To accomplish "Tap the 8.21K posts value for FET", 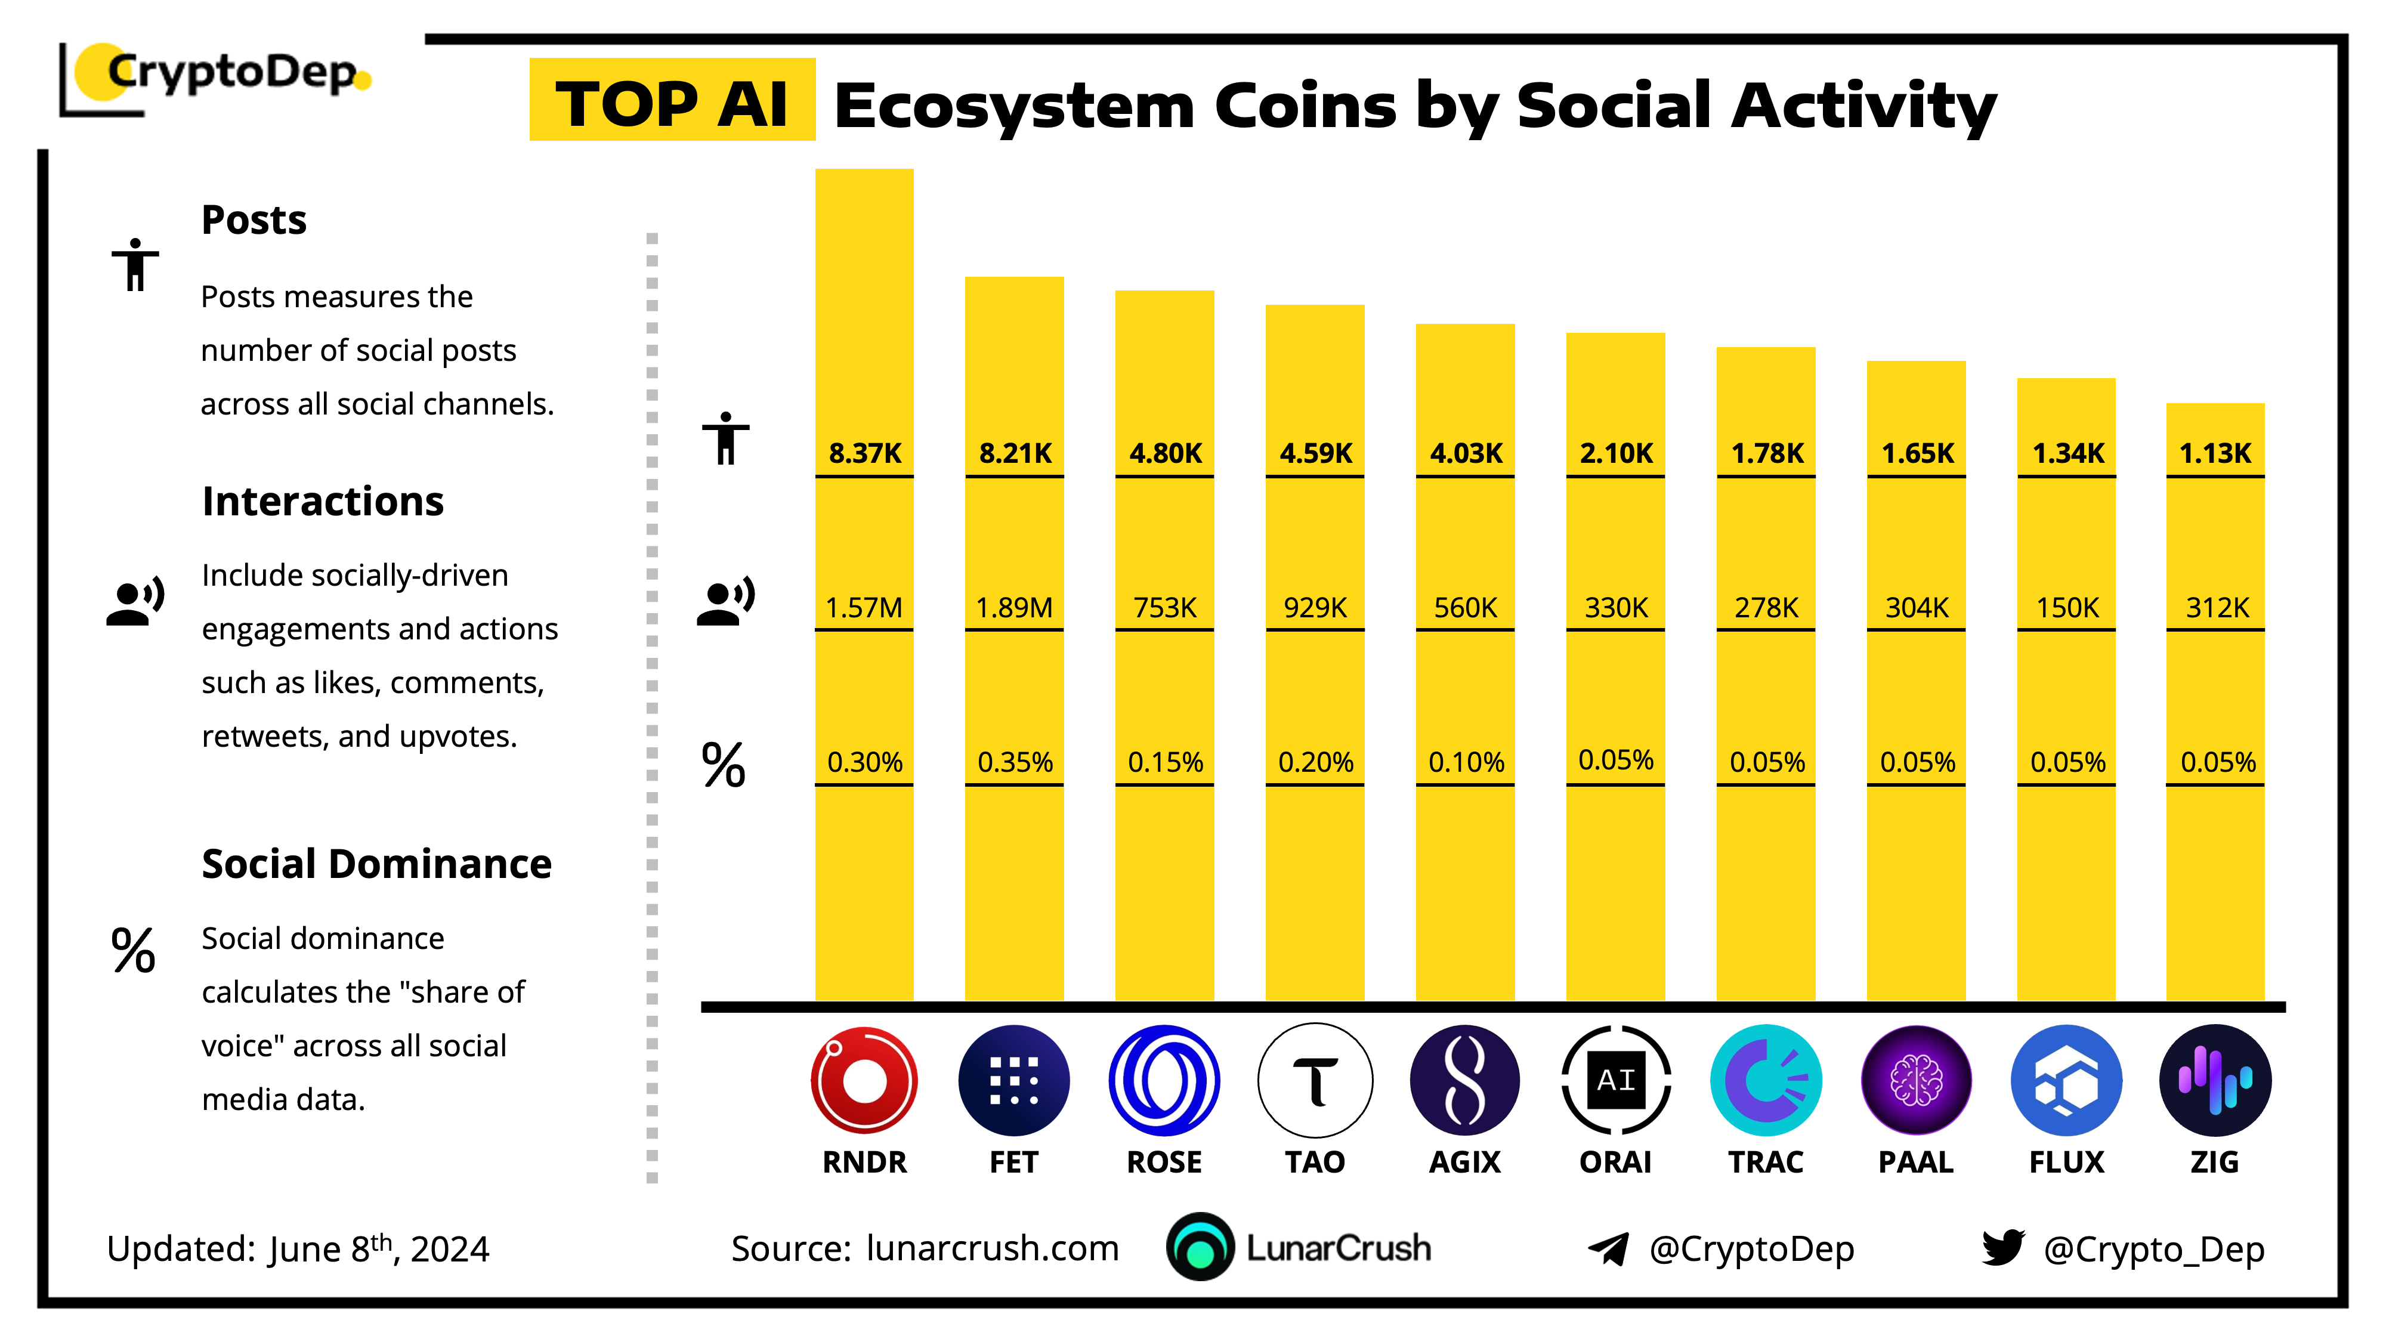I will pos(1015,453).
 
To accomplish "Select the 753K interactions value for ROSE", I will pos(1165,608).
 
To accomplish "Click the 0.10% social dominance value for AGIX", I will pos(1466,762).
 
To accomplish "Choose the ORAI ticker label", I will pos(1615,1161).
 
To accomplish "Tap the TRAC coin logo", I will pos(1766,1080).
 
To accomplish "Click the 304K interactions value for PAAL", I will pos(1917,608).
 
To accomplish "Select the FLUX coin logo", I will pos(2066,1080).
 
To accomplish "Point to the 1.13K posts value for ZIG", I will pos(2215,453).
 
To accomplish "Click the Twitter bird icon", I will pos(2002,1248).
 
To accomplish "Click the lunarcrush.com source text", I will pos(992,1248).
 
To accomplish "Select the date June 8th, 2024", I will pos(379,1248).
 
